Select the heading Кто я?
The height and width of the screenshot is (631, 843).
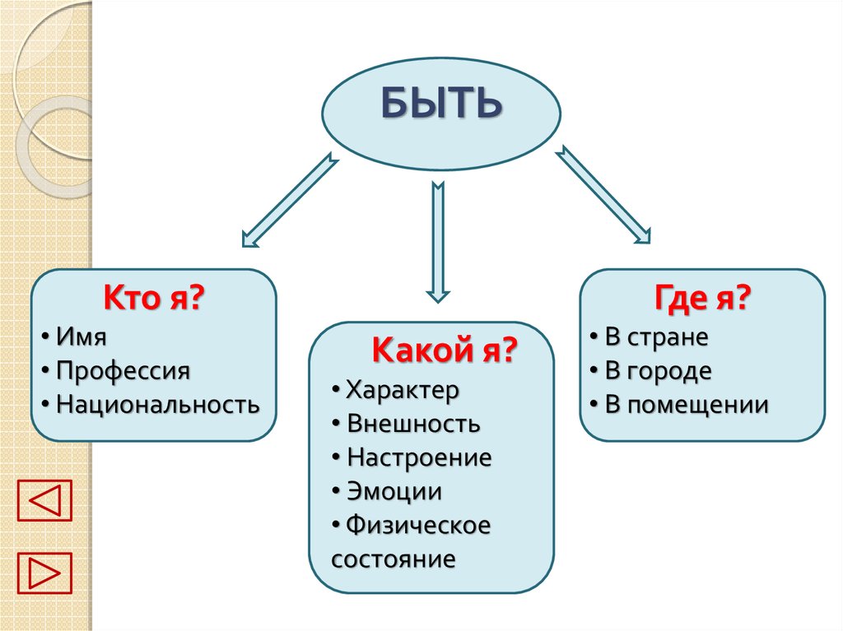click(x=153, y=299)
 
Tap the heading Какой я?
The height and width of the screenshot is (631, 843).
click(x=444, y=350)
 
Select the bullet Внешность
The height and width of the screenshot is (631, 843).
click(x=413, y=424)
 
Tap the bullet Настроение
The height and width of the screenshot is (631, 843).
click(x=419, y=457)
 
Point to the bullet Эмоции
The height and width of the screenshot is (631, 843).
click(x=394, y=492)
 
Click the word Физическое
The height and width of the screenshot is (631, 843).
click(x=418, y=525)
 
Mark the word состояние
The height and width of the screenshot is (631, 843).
click(x=394, y=559)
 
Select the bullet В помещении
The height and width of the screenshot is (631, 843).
click(x=687, y=405)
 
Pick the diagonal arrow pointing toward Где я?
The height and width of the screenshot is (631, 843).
click(x=603, y=196)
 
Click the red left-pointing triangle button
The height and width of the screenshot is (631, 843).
click(x=44, y=500)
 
